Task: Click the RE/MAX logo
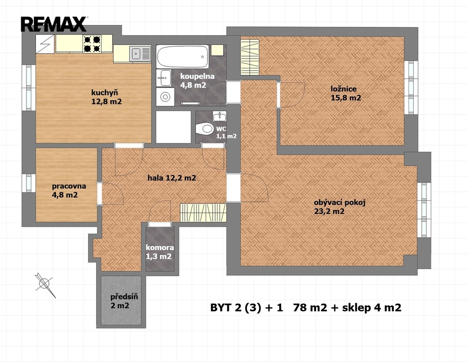(54, 24)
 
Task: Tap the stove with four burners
(92, 44)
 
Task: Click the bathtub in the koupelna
(183, 57)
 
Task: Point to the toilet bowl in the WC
(204, 129)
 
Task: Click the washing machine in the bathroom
(165, 97)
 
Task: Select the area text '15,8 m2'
(346, 98)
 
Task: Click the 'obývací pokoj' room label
(340, 203)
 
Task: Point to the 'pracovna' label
(69, 186)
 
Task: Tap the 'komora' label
(159, 247)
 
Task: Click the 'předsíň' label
(124, 296)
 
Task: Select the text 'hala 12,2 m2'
(172, 178)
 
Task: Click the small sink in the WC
(220, 116)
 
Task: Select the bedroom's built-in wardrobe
(250, 57)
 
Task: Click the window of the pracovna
(29, 183)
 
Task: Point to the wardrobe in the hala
(203, 213)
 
